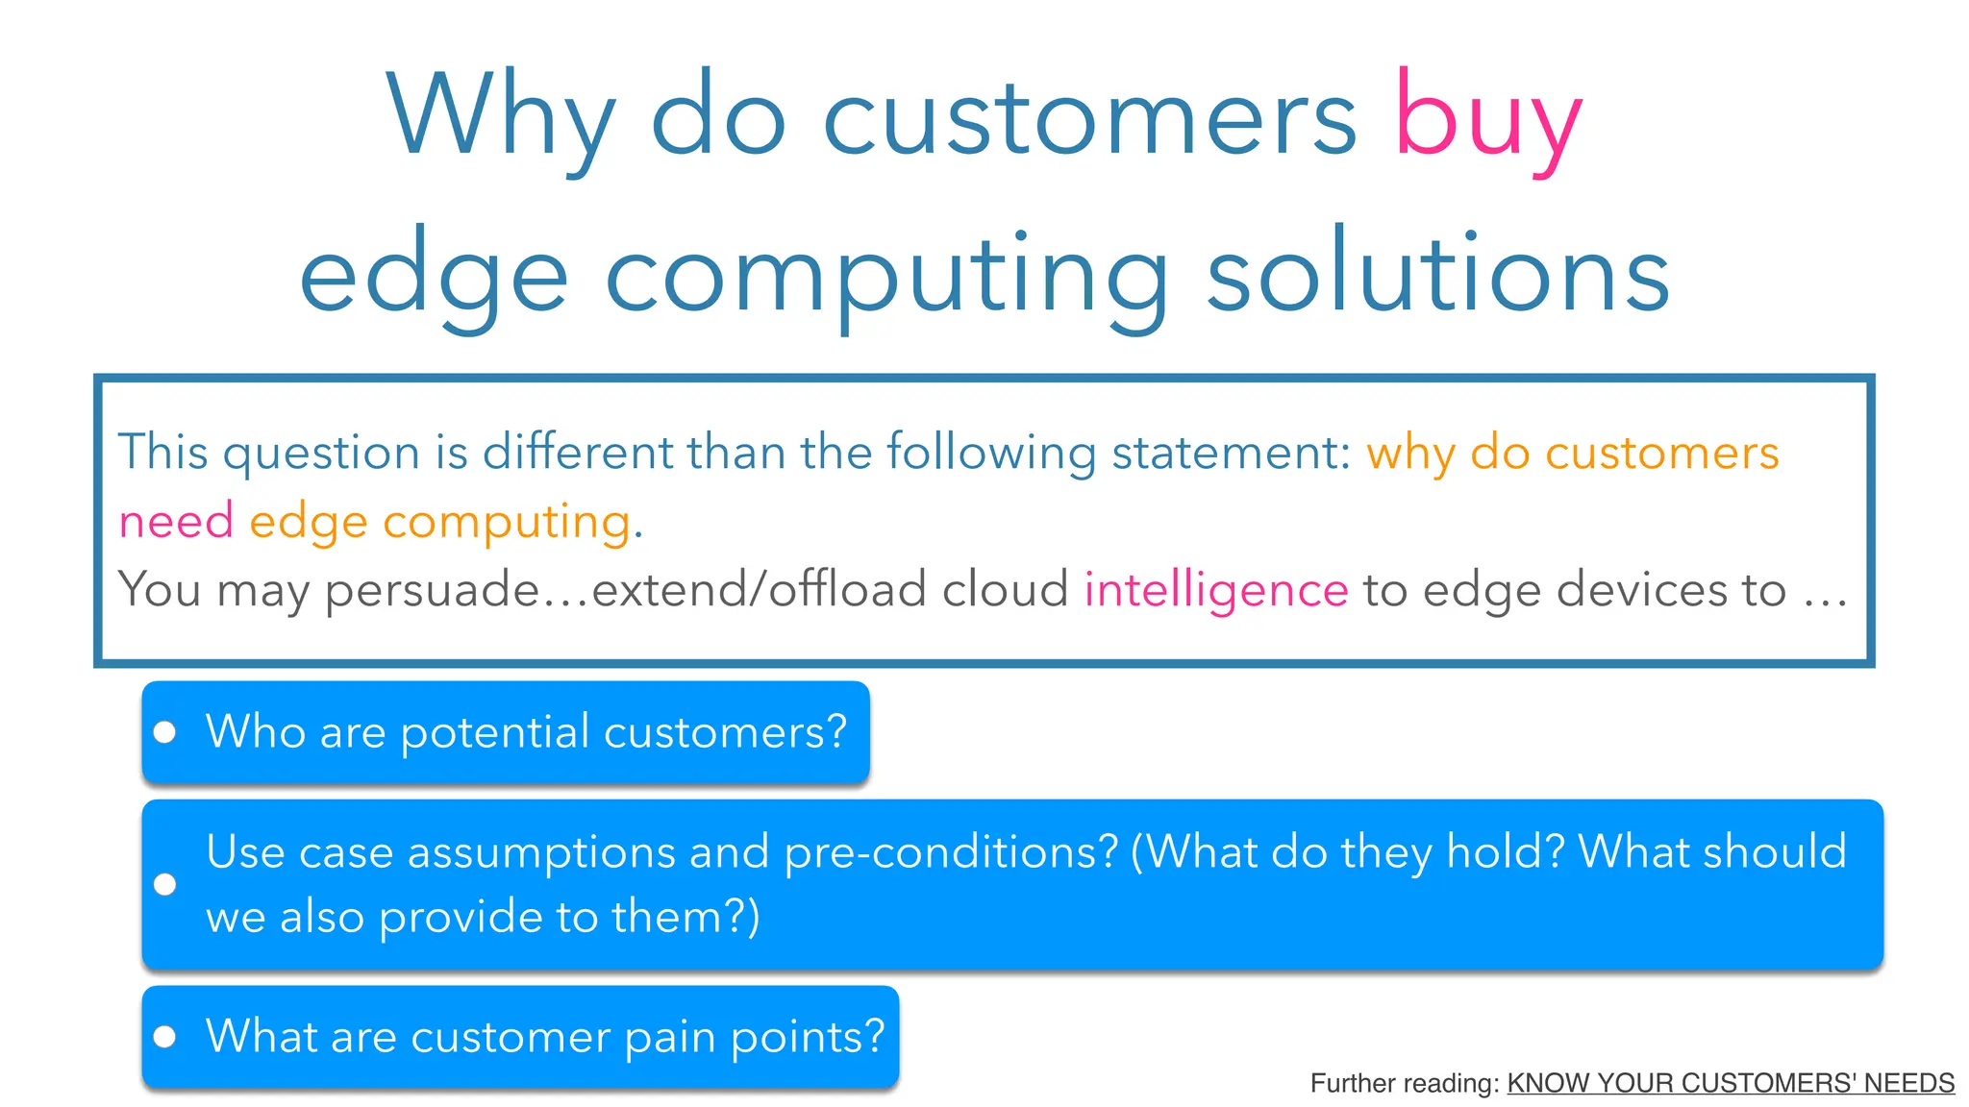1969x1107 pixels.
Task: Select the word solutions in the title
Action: click(1437, 276)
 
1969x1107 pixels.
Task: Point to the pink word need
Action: click(176, 522)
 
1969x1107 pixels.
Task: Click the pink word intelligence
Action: click(1216, 589)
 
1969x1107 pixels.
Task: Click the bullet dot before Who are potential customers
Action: click(165, 733)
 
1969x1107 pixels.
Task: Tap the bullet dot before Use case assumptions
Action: click(165, 884)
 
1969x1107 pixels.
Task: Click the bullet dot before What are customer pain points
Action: click(165, 1037)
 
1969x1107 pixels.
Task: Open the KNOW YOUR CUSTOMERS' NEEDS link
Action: click(1731, 1083)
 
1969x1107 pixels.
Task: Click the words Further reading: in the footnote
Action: click(1405, 1083)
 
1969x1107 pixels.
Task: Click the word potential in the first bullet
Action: click(495, 733)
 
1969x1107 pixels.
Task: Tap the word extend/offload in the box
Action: click(760, 589)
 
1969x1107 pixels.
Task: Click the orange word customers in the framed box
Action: click(1661, 452)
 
